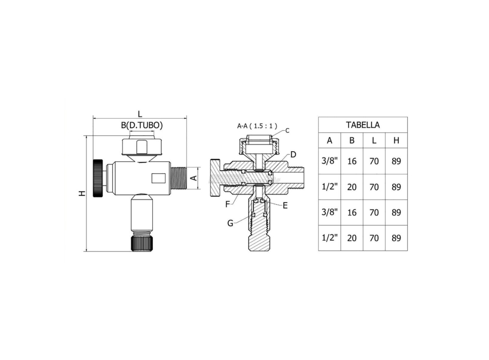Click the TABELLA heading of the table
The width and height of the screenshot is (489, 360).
(362, 124)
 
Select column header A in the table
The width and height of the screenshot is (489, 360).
(329, 140)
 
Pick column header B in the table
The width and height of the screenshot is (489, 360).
(352, 140)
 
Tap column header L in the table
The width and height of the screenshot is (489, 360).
(374, 140)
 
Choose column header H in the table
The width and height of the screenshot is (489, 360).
(396, 140)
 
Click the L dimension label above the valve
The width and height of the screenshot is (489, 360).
(139, 114)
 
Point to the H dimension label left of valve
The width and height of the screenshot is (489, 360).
(81, 193)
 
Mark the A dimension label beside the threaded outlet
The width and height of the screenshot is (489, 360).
(194, 178)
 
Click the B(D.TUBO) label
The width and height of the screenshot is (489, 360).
(142, 125)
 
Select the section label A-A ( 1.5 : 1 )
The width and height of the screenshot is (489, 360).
(257, 125)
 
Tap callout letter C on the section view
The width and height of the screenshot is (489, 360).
(287, 131)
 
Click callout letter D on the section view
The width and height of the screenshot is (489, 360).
(293, 154)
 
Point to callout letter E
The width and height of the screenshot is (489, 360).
(285, 205)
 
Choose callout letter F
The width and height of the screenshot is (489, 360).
(228, 204)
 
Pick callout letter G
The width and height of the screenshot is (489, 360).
(230, 223)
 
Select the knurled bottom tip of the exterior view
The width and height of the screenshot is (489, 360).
(142, 242)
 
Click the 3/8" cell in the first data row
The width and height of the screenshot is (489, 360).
(329, 161)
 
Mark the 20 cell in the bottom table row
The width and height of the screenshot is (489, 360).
(352, 238)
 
